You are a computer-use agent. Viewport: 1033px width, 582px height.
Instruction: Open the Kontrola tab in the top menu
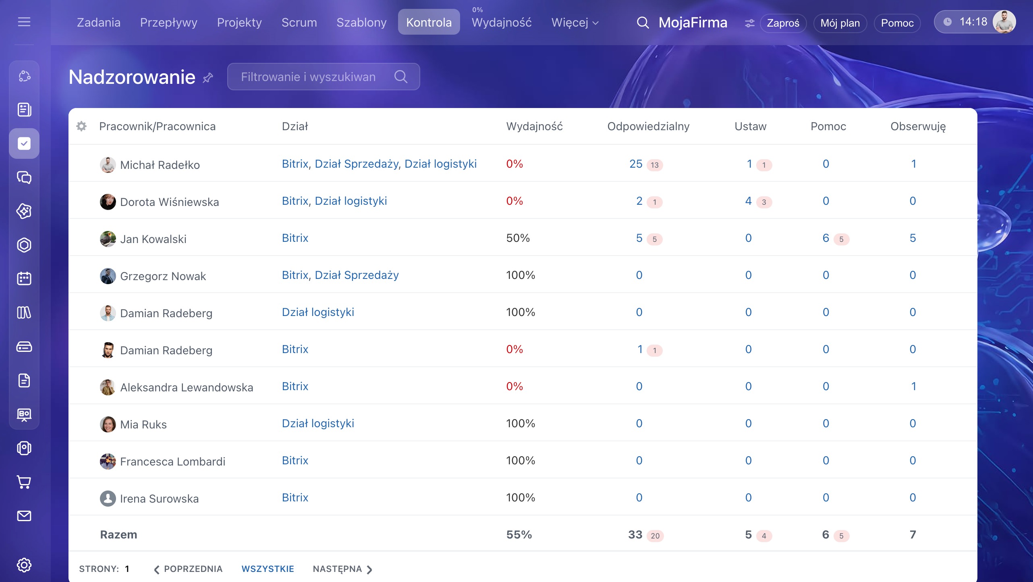coord(429,22)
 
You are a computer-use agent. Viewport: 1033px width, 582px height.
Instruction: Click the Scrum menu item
coord(299,22)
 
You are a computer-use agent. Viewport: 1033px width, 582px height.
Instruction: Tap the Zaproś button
coord(783,23)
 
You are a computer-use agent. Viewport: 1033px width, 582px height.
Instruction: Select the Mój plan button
coord(840,23)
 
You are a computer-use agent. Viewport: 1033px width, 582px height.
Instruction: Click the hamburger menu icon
coord(24,22)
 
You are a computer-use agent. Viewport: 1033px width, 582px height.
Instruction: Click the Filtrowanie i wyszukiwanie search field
coord(324,77)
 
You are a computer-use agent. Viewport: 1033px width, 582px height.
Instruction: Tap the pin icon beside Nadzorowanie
coord(207,77)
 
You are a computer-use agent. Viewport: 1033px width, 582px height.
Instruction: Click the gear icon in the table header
coord(81,126)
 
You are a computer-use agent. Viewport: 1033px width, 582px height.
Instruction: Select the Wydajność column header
coord(534,126)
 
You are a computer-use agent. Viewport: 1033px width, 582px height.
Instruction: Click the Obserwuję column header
coord(918,127)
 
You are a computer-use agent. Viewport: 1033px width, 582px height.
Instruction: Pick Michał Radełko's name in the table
coord(160,165)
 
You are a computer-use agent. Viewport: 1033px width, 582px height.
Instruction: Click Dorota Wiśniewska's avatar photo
coord(108,202)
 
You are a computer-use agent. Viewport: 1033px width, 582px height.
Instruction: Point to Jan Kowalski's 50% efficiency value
coord(518,238)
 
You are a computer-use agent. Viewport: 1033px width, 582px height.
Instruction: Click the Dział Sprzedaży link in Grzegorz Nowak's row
coord(357,275)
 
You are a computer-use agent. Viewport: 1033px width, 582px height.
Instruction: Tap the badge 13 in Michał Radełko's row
coord(655,165)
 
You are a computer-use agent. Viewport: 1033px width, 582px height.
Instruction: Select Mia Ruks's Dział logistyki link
coord(318,424)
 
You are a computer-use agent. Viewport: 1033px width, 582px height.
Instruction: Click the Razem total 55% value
coord(519,535)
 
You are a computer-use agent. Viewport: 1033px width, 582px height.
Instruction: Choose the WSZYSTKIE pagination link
coord(268,569)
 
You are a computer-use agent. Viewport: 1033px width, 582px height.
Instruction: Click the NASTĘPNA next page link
coord(342,569)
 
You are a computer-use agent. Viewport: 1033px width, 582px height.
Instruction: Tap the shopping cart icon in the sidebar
coord(24,482)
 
